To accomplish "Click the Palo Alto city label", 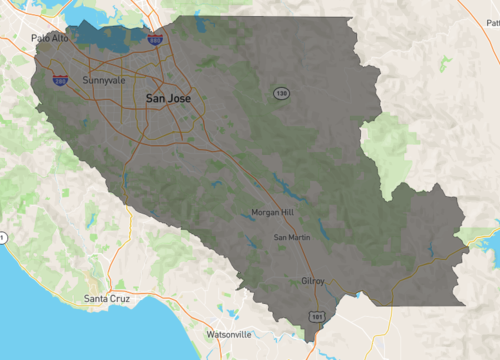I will (49, 38).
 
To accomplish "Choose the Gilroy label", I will (313, 281).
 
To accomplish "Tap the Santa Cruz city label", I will (109, 298).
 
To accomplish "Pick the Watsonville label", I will (229, 333).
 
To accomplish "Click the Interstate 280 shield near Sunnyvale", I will (60, 80).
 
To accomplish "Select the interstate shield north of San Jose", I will (155, 39).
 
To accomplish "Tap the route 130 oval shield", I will (282, 93).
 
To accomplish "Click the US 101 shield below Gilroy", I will (316, 316).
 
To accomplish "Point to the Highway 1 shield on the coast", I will (3, 237).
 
